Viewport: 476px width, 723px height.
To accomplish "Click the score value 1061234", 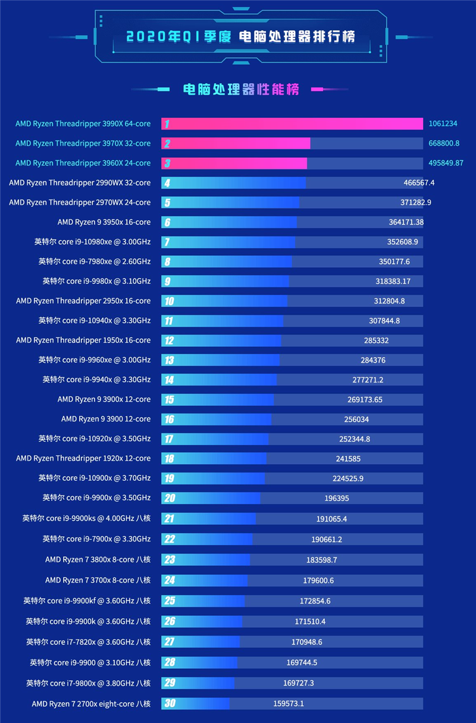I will [x=443, y=124].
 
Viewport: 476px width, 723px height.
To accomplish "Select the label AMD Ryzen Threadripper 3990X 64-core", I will [x=83, y=124].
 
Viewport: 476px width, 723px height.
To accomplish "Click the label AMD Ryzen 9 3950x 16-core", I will [x=104, y=222].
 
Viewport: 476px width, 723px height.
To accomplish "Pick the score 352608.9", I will [x=402, y=242].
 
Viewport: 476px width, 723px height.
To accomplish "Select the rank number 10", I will [x=169, y=301].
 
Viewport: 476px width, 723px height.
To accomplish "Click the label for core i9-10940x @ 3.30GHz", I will [x=95, y=321].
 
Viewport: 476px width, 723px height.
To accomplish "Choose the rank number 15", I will [x=169, y=399].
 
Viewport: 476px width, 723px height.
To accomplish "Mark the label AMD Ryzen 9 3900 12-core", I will [x=106, y=419].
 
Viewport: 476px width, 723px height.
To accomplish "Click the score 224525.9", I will [x=348, y=478].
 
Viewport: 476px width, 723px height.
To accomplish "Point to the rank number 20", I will [x=169, y=498].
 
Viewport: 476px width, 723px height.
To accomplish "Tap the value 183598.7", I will [x=322, y=560].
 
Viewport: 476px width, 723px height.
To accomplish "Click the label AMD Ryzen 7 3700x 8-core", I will [x=98, y=580].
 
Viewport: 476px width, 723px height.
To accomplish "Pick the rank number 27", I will [x=169, y=641].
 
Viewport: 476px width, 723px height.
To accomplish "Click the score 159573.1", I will [x=289, y=703].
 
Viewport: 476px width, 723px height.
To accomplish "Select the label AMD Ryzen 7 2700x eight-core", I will [x=91, y=703].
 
